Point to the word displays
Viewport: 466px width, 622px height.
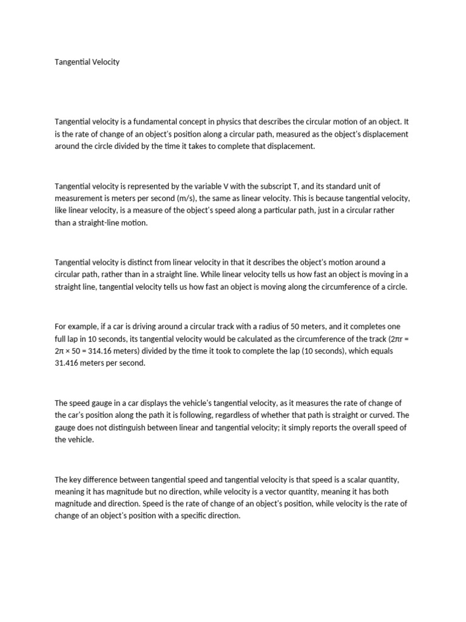click(x=154, y=403)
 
